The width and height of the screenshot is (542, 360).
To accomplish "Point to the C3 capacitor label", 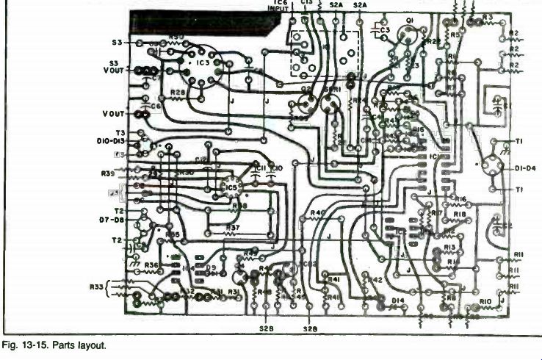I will (385, 29).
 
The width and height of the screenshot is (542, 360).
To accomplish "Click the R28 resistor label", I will (177, 93).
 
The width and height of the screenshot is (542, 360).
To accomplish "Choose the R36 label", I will (151, 264).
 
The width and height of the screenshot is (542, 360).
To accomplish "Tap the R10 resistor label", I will (485, 301).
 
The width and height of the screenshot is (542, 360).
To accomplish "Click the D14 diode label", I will (397, 300).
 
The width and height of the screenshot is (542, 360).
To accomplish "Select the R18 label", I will (460, 214).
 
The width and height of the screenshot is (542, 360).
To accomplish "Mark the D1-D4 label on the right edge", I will (526, 168).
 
